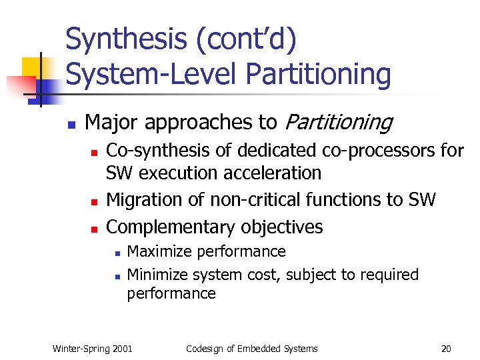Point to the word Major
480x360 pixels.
tap(112, 123)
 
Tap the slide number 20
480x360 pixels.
tap(445, 349)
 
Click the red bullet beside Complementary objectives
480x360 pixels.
tap(94, 229)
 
